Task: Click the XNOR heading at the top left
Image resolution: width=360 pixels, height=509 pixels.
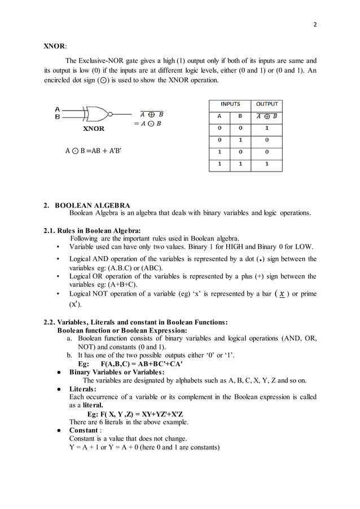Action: [55, 46]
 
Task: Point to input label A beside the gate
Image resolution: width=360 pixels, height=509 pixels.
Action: [57, 109]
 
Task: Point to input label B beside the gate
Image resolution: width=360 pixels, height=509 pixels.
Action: [57, 117]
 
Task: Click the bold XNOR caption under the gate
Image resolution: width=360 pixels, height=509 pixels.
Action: [94, 129]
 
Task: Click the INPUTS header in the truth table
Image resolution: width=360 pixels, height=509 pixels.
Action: [230, 104]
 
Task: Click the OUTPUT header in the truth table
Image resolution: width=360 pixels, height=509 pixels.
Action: [267, 104]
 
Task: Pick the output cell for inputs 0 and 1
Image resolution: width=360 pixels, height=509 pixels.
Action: [267, 141]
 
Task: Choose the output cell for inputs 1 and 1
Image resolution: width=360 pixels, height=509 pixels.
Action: [267, 165]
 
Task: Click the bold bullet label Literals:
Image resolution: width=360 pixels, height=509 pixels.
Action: [83, 389]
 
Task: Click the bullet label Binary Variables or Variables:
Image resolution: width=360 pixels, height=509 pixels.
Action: [117, 372]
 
